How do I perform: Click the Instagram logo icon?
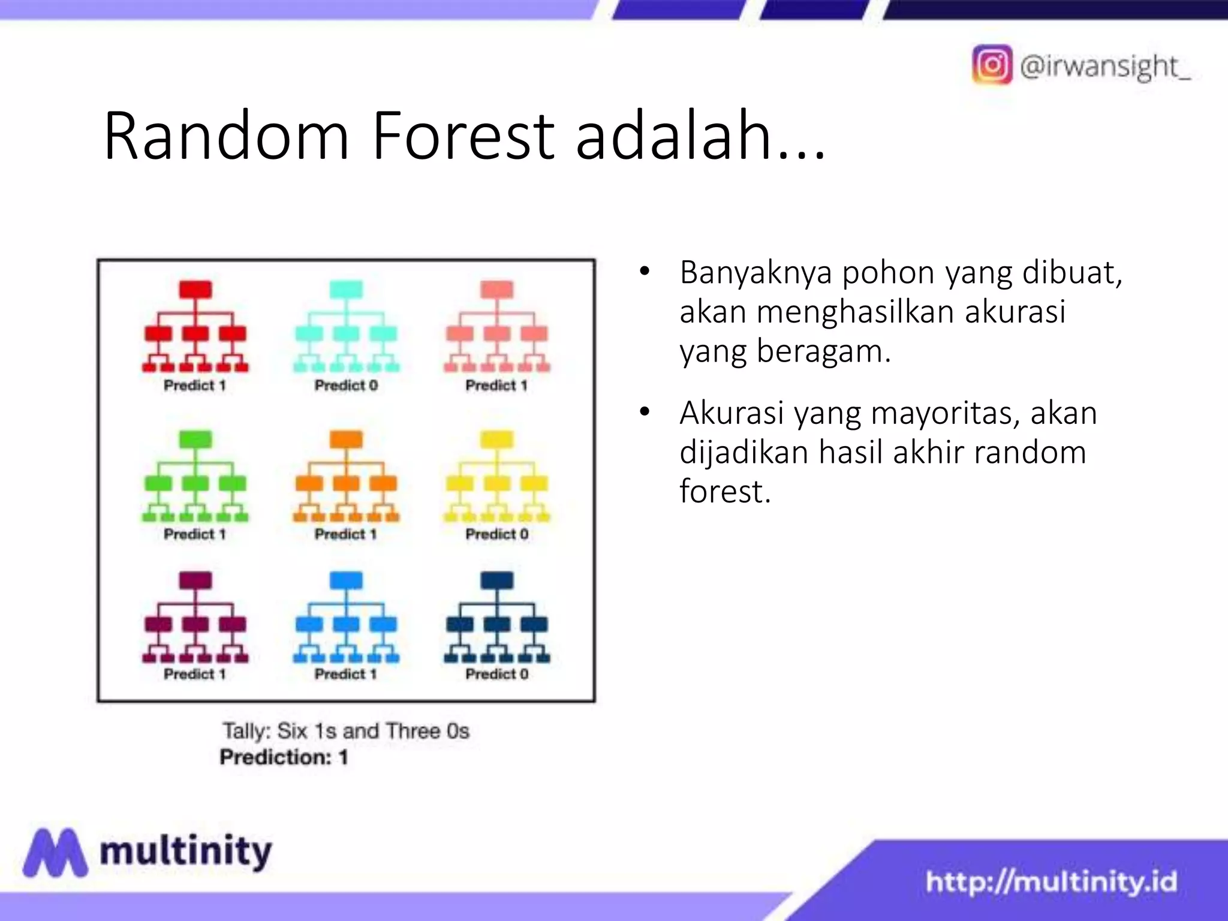click(x=992, y=64)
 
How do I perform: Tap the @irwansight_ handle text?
click(x=1105, y=66)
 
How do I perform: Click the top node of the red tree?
click(x=195, y=289)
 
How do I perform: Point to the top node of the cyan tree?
click(x=346, y=289)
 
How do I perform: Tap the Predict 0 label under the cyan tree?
click(x=346, y=386)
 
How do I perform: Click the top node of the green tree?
click(x=195, y=439)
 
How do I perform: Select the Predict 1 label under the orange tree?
click(x=346, y=534)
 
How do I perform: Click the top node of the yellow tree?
click(x=496, y=439)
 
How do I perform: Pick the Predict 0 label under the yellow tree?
click(x=496, y=534)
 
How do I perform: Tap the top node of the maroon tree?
click(x=195, y=580)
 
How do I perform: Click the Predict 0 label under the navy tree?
click(x=496, y=674)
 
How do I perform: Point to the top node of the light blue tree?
click(x=346, y=580)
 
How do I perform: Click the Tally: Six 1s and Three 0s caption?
click(x=346, y=731)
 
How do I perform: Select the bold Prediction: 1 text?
click(x=284, y=757)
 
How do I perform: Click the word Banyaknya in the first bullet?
click(x=756, y=273)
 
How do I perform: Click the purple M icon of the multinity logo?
click(x=55, y=852)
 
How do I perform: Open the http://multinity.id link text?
click(x=1051, y=882)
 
